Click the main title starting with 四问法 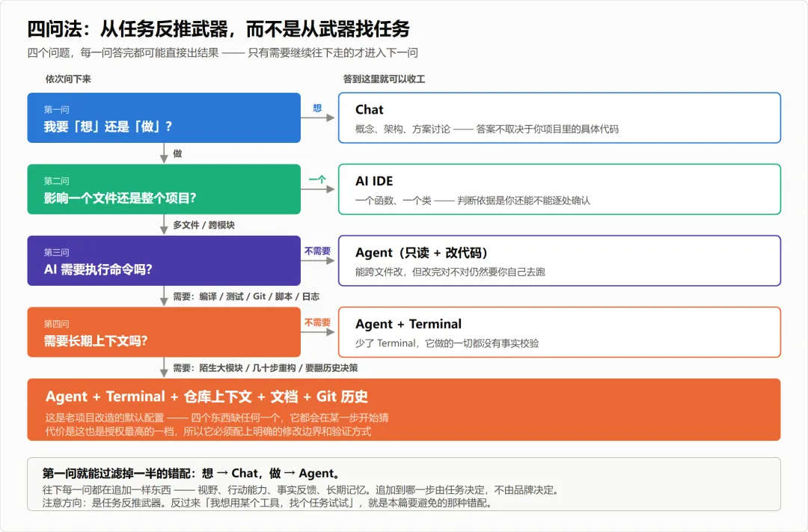click(218, 29)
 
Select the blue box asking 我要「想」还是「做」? click(164, 117)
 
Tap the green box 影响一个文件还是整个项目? click(164, 189)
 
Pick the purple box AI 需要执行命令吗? click(164, 260)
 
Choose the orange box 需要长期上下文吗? click(164, 332)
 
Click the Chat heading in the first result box click(370, 110)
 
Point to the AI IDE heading click(374, 181)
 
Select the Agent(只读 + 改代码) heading click(421, 253)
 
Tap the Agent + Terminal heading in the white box click(408, 324)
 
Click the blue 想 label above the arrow click(317, 108)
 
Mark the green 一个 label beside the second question click(317, 180)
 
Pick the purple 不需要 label click(317, 251)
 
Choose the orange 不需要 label click(317, 322)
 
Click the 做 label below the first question click(177, 153)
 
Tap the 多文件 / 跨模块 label click(204, 224)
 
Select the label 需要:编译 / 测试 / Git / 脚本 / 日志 click(246, 296)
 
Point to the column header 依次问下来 click(68, 79)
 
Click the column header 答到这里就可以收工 click(385, 79)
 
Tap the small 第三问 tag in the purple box click(56, 253)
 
